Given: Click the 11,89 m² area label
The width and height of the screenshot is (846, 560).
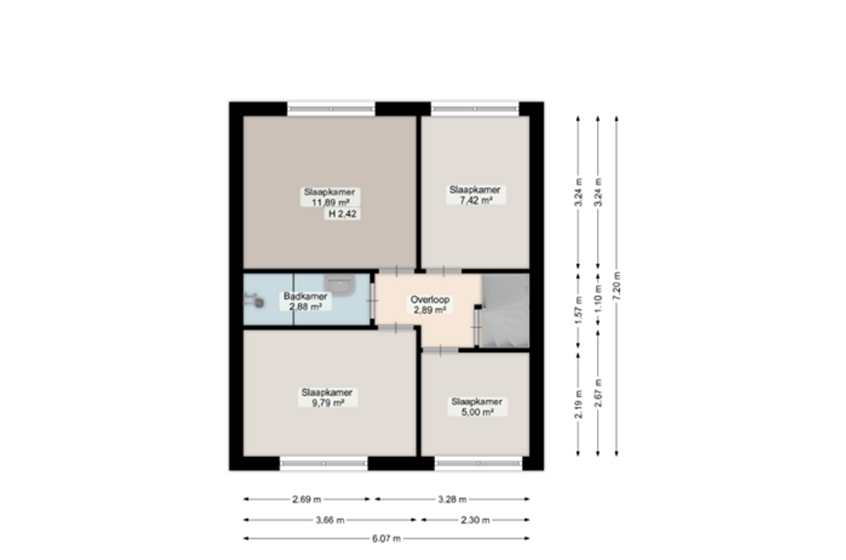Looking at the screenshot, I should click(x=330, y=202).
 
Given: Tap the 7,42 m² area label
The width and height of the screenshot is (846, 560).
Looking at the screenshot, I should click(x=474, y=201).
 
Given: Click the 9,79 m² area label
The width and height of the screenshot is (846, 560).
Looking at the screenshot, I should click(x=327, y=403).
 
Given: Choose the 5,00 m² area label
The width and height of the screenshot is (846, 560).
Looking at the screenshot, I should click(x=475, y=413).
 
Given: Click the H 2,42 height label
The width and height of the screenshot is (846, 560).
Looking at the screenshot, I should click(x=343, y=214).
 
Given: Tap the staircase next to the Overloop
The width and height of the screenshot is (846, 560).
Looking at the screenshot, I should click(x=506, y=312).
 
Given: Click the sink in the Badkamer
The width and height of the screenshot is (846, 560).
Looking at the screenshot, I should click(x=340, y=284).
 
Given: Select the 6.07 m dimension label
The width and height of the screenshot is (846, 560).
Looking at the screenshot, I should click(x=386, y=538).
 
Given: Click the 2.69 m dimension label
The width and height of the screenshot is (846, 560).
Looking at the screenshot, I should click(x=306, y=499).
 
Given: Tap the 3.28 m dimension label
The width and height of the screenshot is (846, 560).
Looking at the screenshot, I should click(x=451, y=499).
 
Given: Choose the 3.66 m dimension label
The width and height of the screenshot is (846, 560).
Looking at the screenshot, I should click(x=329, y=519).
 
